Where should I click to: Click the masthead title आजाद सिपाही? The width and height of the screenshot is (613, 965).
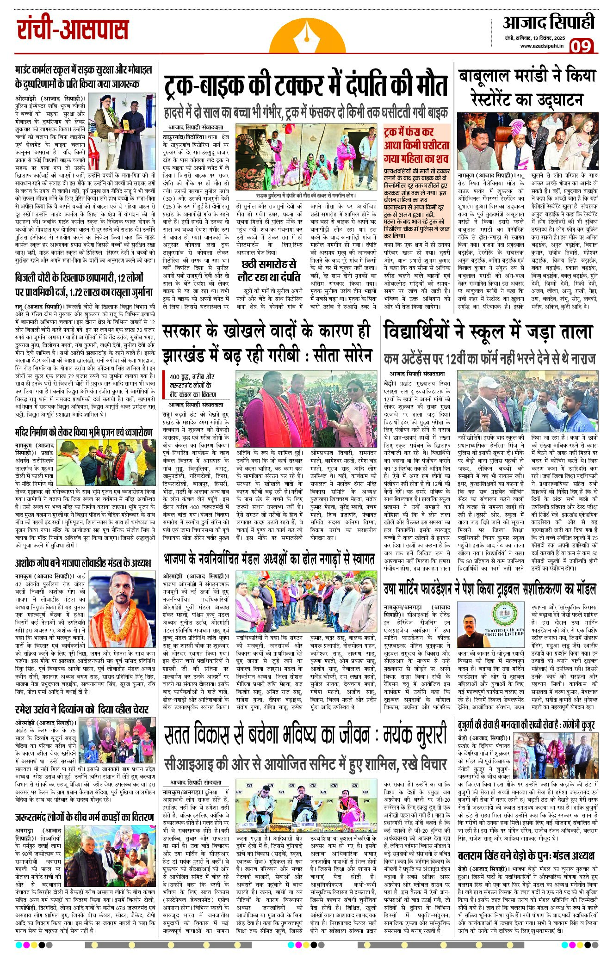548,23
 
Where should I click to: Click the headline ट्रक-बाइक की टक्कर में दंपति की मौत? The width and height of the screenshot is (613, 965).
306,85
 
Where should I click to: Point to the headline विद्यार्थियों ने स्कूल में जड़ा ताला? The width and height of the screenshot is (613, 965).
488,332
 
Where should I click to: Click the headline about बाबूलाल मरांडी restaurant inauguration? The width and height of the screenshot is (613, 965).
526,87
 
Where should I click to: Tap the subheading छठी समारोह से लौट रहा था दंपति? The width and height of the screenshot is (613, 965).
268,270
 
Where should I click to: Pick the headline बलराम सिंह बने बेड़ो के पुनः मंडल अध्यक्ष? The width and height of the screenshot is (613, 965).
526,855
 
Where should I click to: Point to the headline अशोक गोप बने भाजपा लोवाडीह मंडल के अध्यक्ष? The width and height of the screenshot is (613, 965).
83,563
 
